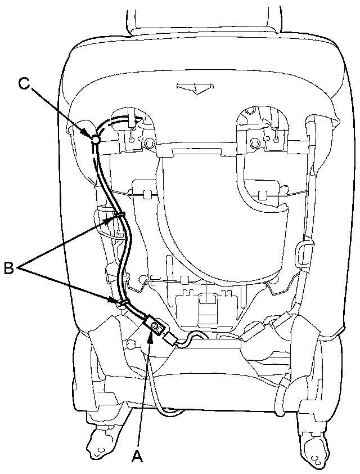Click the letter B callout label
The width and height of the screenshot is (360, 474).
click(10, 269)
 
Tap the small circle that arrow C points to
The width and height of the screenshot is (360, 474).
click(96, 138)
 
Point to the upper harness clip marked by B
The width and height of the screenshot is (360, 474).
click(119, 214)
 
